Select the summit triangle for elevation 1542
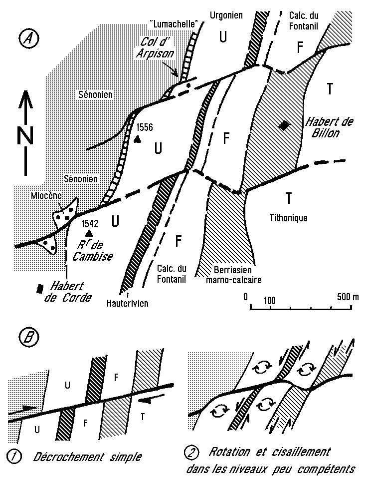point(89,233)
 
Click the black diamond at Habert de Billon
point(284,126)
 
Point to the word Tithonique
point(288,217)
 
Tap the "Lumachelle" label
point(171,23)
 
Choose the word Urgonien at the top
point(225,15)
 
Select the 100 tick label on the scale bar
point(270,301)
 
